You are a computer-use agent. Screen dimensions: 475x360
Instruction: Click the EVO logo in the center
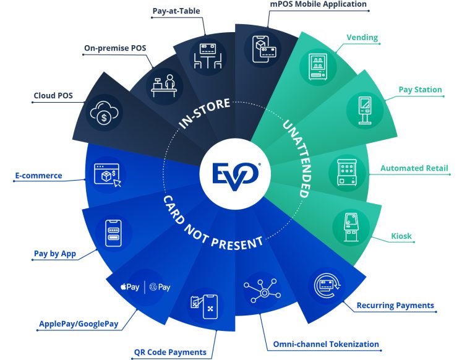click(x=236, y=176)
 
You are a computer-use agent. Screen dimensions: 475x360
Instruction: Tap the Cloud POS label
click(x=53, y=95)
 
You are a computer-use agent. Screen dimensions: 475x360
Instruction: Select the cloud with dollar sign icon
click(x=104, y=113)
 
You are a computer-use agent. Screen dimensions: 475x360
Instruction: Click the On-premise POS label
click(x=115, y=48)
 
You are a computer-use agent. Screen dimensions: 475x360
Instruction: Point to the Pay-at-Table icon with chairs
click(x=208, y=56)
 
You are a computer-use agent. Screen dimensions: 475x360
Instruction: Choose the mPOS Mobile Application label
click(x=318, y=4)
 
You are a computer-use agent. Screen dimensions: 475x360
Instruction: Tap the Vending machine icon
click(x=318, y=67)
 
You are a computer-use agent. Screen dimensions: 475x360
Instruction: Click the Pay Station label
click(x=420, y=90)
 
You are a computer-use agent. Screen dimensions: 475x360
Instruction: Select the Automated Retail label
click(x=414, y=168)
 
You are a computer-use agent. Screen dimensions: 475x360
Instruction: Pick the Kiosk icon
click(x=351, y=227)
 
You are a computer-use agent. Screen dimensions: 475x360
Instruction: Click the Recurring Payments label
click(x=395, y=305)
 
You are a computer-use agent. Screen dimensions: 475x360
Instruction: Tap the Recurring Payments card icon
click(x=327, y=286)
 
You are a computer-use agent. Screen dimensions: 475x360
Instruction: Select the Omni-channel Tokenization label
click(x=326, y=345)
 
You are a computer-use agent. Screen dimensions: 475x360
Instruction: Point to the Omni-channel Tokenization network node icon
click(x=262, y=291)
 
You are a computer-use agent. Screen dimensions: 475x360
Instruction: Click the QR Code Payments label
click(x=170, y=353)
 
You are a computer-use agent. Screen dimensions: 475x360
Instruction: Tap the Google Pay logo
click(x=160, y=287)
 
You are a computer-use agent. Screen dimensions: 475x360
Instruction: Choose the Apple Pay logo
click(x=130, y=286)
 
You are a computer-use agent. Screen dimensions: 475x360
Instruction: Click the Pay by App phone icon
click(x=113, y=233)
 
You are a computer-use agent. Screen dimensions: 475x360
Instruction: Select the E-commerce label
click(x=38, y=176)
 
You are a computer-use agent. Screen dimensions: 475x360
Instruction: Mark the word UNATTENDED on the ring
click(x=297, y=159)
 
